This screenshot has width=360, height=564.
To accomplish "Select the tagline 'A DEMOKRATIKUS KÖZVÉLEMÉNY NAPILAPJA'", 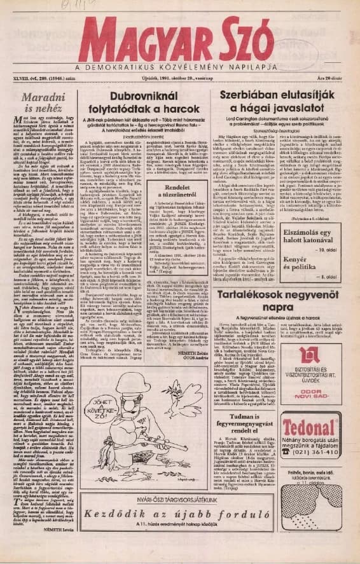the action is click(x=179, y=69).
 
